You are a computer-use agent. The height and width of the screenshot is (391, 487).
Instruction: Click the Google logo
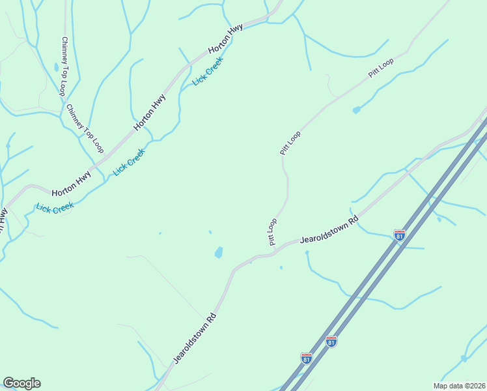coord(21,383)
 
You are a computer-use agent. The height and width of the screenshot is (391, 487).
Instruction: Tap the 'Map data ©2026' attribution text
coord(459,386)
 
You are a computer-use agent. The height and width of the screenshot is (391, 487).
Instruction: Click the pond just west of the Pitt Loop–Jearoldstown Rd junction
coord(219,252)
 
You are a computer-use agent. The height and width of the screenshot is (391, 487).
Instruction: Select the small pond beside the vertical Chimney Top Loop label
coord(57,67)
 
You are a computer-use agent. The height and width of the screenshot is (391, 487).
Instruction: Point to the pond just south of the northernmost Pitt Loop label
coord(356,110)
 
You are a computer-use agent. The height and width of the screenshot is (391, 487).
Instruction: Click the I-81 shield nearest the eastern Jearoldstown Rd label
coord(400,235)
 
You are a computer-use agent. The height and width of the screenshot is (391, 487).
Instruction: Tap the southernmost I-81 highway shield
coord(306,358)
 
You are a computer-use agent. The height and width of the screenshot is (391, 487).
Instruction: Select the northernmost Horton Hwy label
coord(225,39)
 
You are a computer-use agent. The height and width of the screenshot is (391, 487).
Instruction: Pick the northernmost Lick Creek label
coord(208,72)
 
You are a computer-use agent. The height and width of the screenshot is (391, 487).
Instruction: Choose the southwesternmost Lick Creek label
coord(55,208)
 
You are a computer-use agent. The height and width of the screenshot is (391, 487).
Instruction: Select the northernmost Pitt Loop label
coord(381,68)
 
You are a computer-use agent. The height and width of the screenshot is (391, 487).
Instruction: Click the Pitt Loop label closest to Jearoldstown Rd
coord(271,232)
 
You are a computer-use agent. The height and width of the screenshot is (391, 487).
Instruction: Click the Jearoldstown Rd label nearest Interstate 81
coord(329,231)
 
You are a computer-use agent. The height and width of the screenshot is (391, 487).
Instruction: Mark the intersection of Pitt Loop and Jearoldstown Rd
coord(276,249)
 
